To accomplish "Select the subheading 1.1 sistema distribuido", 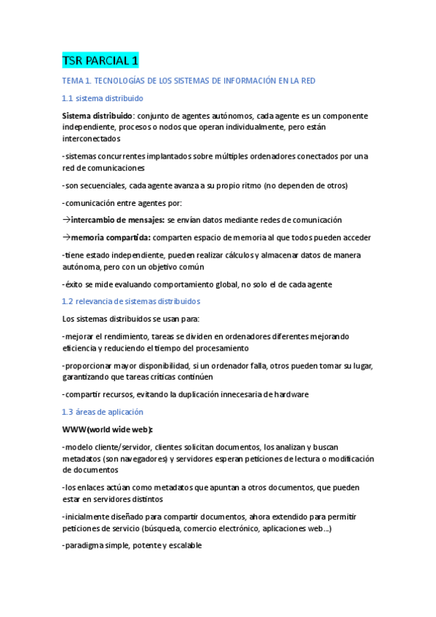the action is pyautogui.click(x=103, y=97).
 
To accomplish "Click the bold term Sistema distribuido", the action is pyautogui.click(x=97, y=116).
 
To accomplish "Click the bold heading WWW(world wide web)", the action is pyautogui.click(x=112, y=429).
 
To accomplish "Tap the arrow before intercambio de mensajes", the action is pyautogui.click(x=66, y=220).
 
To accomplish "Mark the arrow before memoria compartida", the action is pyautogui.click(x=66, y=237).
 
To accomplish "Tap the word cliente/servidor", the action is pyautogui.click(x=124, y=447).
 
